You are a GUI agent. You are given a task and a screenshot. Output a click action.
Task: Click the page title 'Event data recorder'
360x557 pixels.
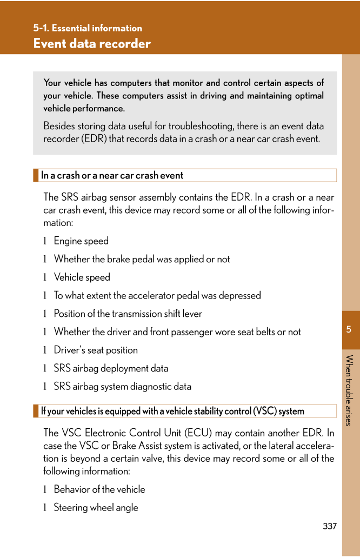pyautogui.click(x=92, y=44)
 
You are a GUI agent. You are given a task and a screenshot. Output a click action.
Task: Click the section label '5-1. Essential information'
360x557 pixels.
pyautogui.click(x=87, y=28)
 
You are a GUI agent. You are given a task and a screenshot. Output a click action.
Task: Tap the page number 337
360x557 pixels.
pyautogui.click(x=329, y=526)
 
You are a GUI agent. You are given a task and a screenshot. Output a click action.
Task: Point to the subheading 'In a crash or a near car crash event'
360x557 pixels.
pyautogui.click(x=112, y=175)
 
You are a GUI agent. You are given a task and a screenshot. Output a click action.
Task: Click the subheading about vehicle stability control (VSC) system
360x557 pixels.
pyautogui.click(x=172, y=411)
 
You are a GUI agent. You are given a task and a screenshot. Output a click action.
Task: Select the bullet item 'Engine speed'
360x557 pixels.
pyautogui.click(x=81, y=241)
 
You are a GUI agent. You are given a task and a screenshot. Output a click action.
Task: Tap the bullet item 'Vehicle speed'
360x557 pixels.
pyautogui.click(x=82, y=277)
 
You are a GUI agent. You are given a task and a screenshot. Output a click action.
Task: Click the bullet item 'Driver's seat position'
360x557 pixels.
pyautogui.click(x=96, y=350)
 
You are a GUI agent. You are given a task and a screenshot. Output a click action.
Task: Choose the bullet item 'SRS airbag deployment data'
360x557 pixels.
pyautogui.click(x=111, y=368)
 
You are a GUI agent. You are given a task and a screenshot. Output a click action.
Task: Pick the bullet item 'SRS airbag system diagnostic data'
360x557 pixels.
pyautogui.click(x=122, y=387)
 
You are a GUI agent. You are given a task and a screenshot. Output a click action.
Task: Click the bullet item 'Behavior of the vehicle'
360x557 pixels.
pyautogui.click(x=99, y=489)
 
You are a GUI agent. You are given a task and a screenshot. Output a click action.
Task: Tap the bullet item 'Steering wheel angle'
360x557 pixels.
pyautogui.click(x=96, y=508)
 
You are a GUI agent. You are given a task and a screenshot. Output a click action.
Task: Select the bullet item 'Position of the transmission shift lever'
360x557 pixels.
pyautogui.click(x=128, y=314)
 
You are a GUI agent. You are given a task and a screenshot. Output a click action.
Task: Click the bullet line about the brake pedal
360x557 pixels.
pyautogui.click(x=142, y=260)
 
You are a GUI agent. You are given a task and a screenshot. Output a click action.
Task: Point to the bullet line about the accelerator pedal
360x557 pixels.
pyautogui.click(x=157, y=296)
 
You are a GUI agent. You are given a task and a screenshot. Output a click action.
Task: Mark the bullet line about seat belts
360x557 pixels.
pyautogui.click(x=177, y=332)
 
